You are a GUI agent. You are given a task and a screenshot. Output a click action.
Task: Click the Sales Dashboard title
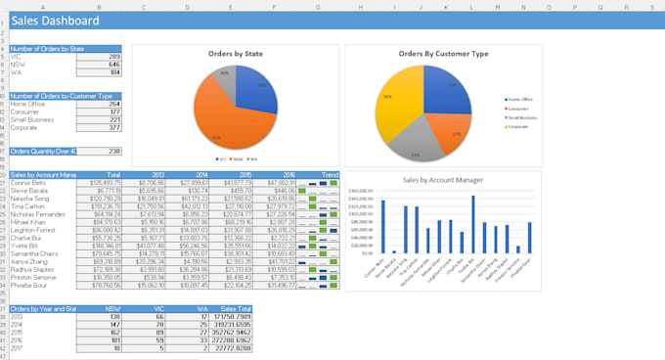click(56, 21)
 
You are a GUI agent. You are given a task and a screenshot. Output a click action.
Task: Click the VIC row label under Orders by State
click(18, 57)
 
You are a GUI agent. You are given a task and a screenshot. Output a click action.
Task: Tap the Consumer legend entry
click(519, 108)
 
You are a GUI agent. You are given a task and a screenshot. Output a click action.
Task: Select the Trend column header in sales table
click(330, 174)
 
